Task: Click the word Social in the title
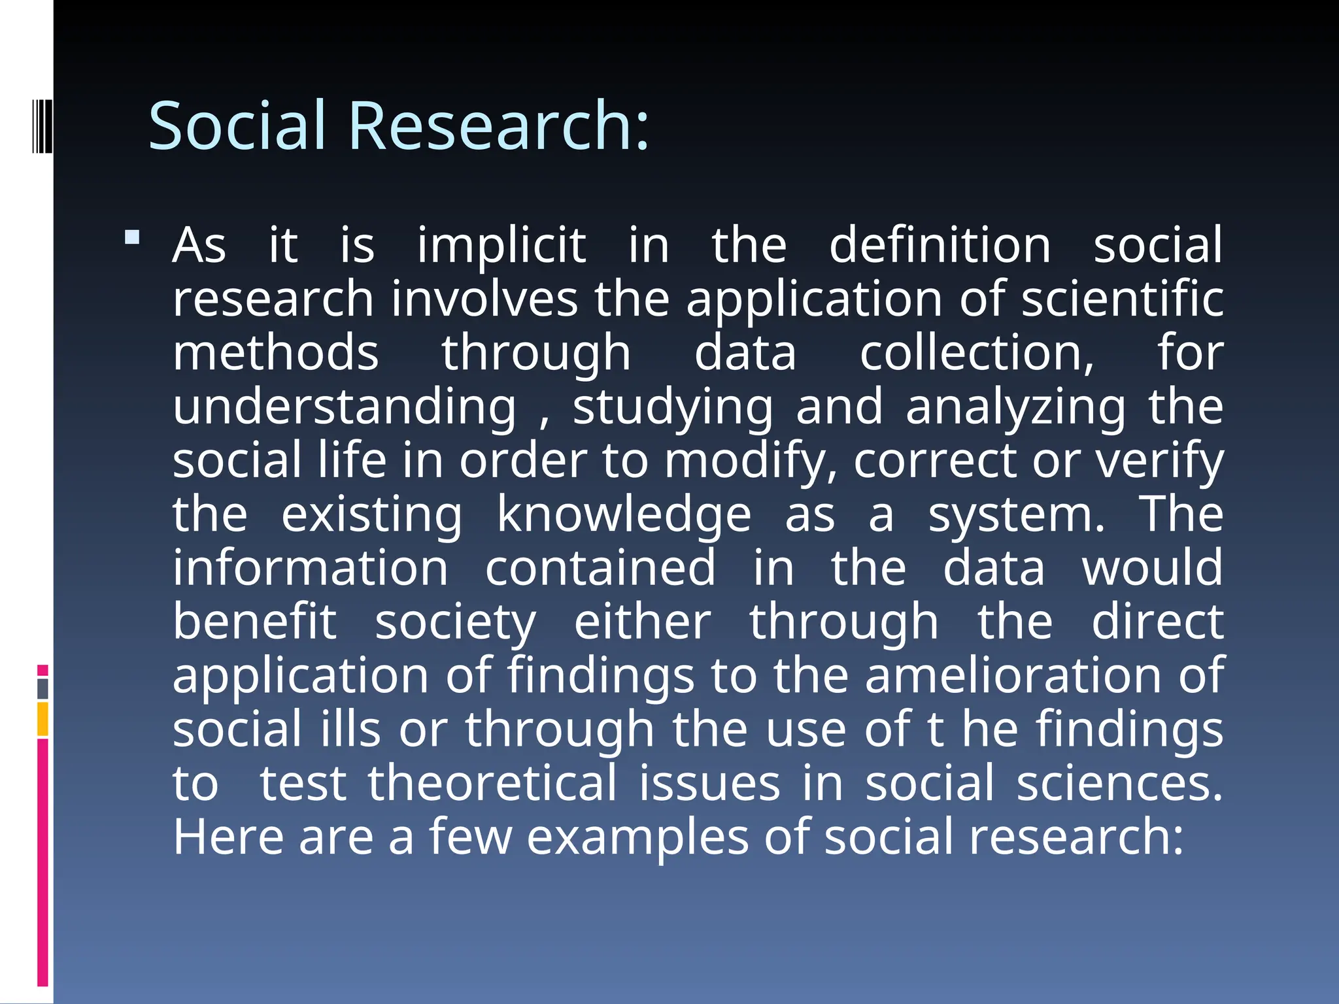click(237, 125)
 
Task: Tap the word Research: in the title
click(500, 125)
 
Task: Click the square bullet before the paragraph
click(132, 237)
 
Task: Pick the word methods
click(275, 354)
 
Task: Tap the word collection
click(976, 354)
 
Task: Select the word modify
click(751, 461)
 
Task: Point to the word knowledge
click(624, 515)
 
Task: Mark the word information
click(311, 569)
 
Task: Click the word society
click(455, 622)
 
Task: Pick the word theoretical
click(492, 784)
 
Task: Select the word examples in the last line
click(637, 839)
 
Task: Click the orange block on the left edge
click(42, 719)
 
